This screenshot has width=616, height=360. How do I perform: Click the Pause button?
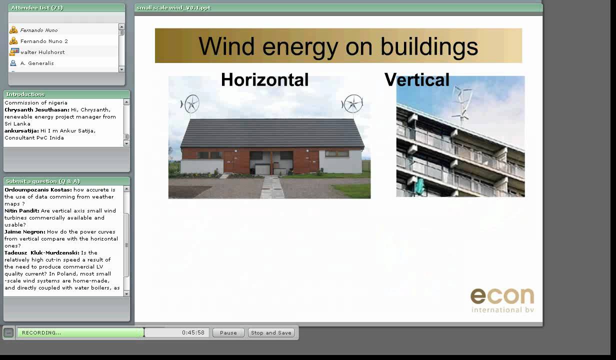(228, 332)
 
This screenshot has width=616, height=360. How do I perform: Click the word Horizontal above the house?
(264, 80)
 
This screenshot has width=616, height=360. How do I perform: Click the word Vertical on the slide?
(416, 80)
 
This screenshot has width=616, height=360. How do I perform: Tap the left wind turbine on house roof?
(191, 104)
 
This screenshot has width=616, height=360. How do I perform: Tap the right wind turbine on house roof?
(353, 104)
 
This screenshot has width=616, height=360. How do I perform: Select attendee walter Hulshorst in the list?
(42, 52)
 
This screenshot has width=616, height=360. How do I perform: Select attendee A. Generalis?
(37, 63)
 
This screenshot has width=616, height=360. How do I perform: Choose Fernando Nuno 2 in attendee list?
(44, 41)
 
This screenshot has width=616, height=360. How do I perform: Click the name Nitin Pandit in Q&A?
(21, 211)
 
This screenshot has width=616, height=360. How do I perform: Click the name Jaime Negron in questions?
(24, 232)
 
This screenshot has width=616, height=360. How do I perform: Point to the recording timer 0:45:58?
(193, 332)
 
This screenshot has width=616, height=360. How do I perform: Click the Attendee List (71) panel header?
(37, 7)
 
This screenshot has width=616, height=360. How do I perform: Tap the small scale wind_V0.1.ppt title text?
(173, 7)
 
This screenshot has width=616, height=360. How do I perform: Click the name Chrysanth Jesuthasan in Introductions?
(36, 110)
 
